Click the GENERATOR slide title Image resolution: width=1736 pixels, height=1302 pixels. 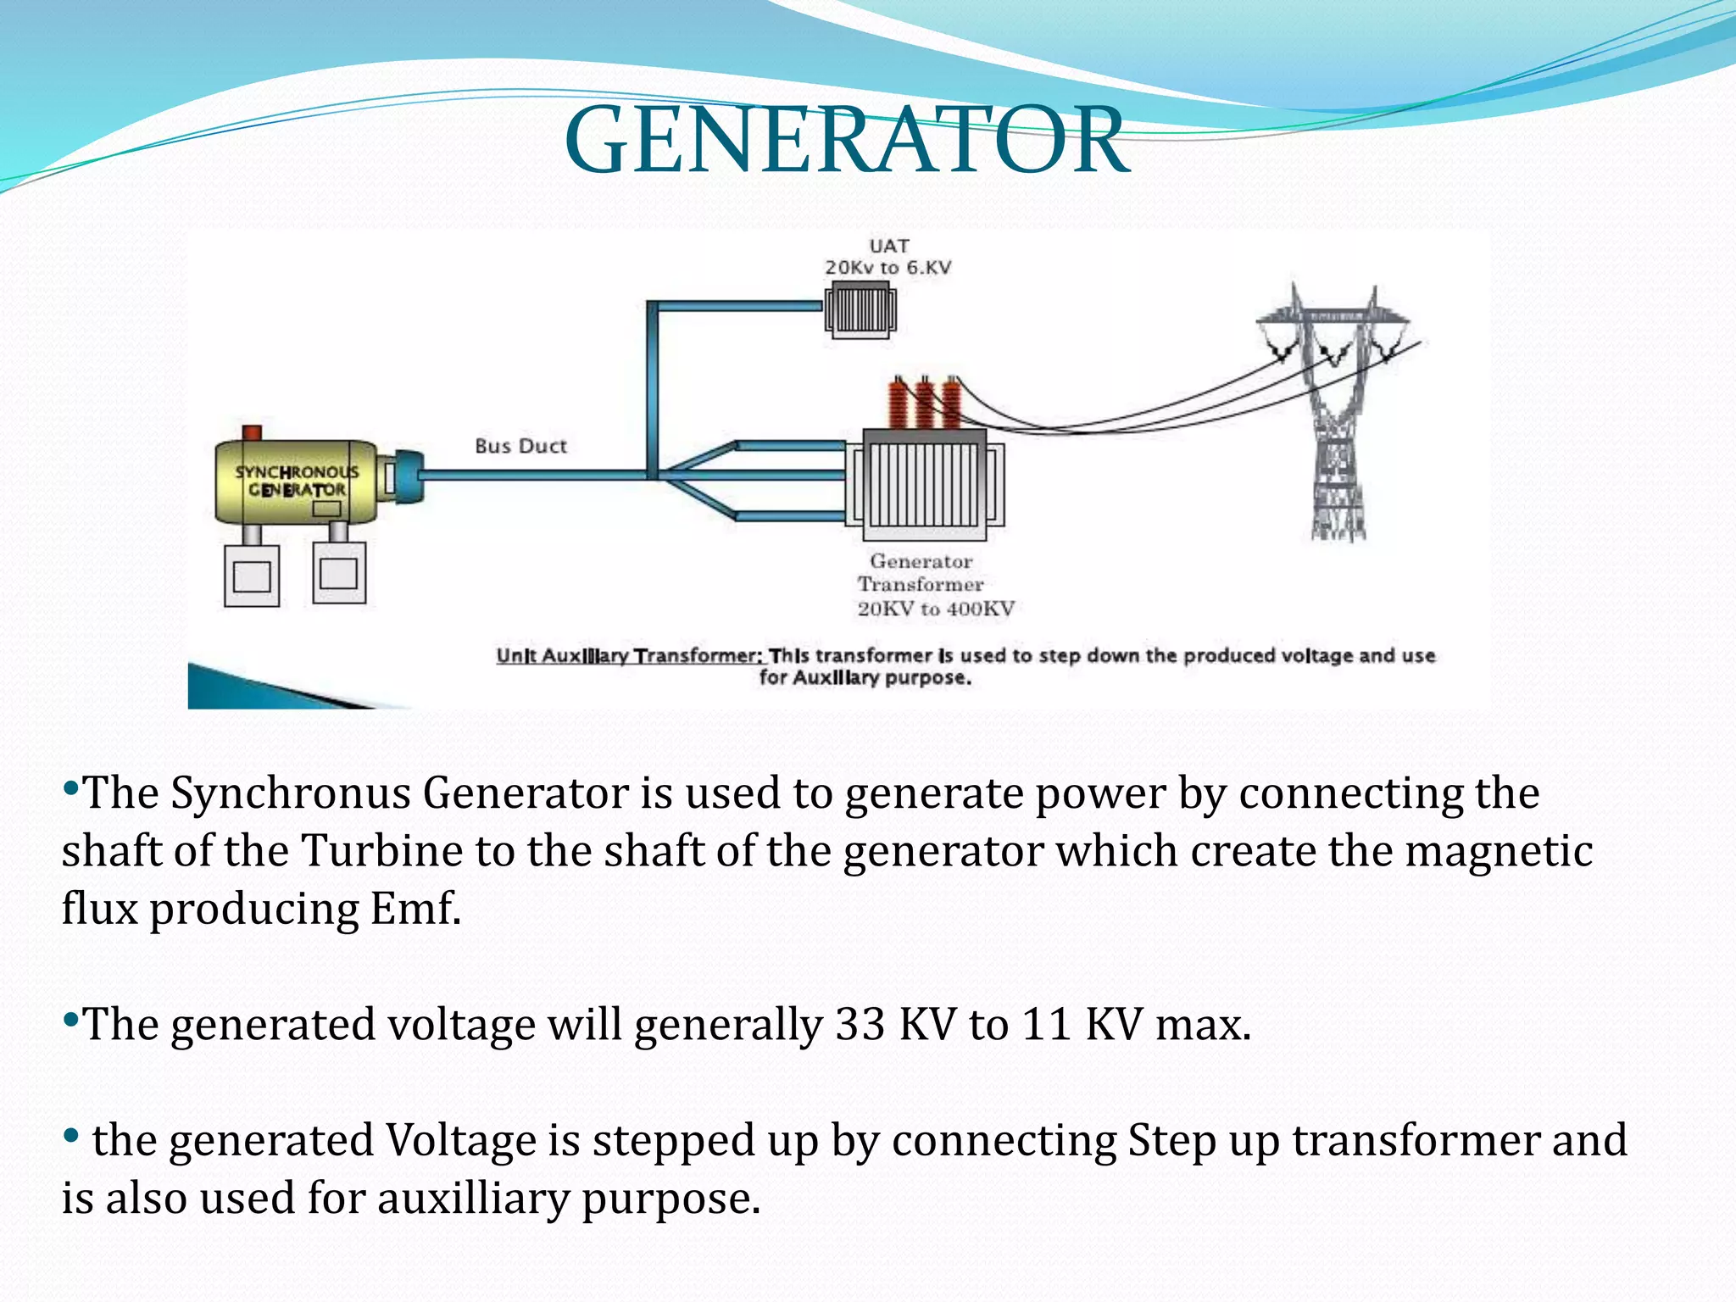[846, 141]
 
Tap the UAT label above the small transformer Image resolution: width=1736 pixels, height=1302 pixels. [888, 246]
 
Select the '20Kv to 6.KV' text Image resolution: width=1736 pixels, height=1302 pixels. [888, 268]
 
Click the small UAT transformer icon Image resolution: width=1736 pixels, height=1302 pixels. [860, 310]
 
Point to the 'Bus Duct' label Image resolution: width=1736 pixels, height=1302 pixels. [520, 446]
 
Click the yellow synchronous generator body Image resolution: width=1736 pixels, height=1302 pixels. [296, 481]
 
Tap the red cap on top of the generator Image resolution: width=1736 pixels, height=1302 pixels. [252, 432]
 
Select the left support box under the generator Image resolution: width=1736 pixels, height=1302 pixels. [252, 576]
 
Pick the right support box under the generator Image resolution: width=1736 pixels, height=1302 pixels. [339, 573]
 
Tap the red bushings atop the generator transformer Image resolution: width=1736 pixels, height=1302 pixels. [924, 403]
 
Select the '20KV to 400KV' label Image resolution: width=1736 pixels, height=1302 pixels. [936, 609]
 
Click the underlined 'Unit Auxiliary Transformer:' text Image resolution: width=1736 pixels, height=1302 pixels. [630, 655]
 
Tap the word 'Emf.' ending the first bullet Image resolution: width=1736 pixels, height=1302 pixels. [415, 909]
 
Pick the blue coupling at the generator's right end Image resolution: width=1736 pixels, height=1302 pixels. [407, 476]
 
